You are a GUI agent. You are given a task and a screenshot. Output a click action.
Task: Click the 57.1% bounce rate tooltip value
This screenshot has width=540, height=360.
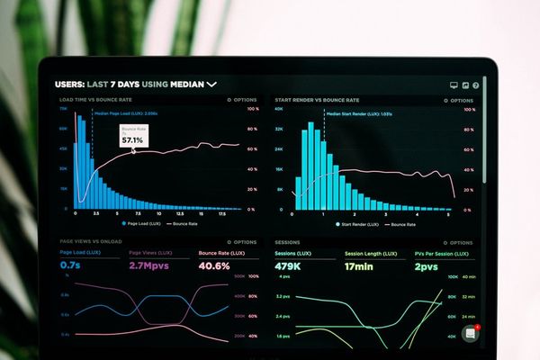[x=132, y=140]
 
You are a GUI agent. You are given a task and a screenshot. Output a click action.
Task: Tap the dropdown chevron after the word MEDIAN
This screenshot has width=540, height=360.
[x=212, y=84]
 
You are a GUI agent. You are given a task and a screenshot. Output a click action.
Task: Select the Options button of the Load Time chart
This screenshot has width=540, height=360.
[x=242, y=100]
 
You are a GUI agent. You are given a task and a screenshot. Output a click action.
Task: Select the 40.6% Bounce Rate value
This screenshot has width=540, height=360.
[x=214, y=266]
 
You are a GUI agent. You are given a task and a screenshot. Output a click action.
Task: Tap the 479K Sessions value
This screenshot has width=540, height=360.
[x=288, y=266]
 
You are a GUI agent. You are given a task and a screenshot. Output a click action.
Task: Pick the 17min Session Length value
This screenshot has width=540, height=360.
[x=359, y=266]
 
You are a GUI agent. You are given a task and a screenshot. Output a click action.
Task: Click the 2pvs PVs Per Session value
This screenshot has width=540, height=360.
[x=426, y=266]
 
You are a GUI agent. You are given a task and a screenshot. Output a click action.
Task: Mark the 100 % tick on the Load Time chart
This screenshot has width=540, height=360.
[x=253, y=109]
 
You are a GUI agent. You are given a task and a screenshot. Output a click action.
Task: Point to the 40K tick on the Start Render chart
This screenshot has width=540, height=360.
[x=279, y=109]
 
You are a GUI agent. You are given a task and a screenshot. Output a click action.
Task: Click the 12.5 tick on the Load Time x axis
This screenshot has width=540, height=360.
[x=180, y=214]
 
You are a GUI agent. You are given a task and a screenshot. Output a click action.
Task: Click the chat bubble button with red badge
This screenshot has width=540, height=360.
[x=470, y=333]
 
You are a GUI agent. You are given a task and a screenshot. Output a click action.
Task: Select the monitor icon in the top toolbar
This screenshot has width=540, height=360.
[x=454, y=85]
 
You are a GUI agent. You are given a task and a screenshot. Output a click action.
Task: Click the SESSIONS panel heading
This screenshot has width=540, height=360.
[x=287, y=242]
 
